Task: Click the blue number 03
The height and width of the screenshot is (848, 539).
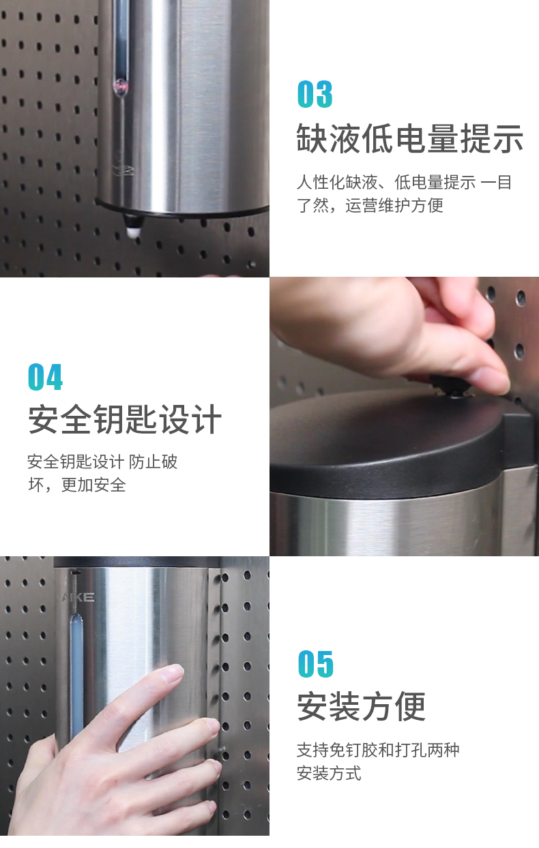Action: (315, 94)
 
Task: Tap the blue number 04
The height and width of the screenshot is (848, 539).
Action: (45, 377)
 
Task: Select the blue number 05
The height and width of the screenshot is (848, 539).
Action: (315, 664)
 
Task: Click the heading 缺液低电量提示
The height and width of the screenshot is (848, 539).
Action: (409, 138)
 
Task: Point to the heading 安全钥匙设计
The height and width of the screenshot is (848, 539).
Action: (125, 419)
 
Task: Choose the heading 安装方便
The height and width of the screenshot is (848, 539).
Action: (362, 706)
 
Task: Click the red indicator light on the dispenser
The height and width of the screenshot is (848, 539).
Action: (119, 86)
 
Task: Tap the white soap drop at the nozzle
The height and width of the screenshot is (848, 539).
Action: (133, 232)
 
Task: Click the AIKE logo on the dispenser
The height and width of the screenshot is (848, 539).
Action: (78, 597)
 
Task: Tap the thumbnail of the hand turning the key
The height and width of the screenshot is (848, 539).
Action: (404, 417)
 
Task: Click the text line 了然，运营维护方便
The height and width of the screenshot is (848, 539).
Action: (370, 206)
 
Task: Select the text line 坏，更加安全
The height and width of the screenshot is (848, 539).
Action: (77, 485)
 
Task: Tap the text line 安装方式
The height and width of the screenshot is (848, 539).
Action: (329, 773)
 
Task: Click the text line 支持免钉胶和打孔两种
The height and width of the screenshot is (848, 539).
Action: (378, 750)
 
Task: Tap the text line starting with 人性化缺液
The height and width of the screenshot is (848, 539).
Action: (404, 183)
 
